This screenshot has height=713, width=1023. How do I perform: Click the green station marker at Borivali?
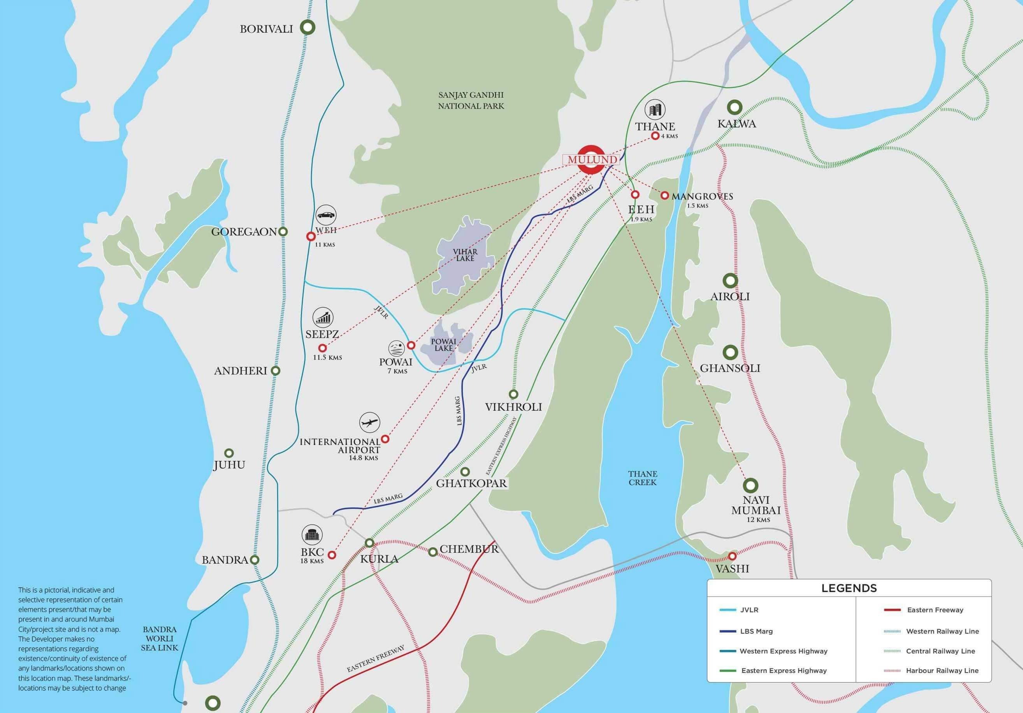point(308,27)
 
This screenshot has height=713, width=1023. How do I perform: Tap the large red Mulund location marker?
point(591,159)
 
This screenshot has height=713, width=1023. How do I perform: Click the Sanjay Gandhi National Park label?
point(471,100)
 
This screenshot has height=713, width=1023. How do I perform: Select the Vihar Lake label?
point(465,255)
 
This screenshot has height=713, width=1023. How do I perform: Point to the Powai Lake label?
point(443,345)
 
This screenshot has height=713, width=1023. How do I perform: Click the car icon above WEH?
point(326,215)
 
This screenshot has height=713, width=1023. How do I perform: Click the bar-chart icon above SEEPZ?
point(323,317)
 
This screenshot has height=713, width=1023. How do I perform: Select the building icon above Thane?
point(655,109)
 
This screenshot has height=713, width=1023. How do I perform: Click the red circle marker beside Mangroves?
point(664,196)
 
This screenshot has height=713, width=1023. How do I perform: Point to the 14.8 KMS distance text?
point(364,458)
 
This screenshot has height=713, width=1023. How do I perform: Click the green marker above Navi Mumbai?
point(751,485)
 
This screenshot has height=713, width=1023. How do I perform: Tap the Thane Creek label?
point(643,478)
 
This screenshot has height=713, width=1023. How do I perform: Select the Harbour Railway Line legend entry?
point(942,670)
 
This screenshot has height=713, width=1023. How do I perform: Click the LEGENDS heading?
point(849,588)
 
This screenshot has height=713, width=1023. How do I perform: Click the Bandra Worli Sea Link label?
point(160,639)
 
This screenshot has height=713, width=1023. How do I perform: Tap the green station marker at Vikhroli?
point(513,394)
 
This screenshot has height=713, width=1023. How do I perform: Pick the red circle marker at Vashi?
point(732,556)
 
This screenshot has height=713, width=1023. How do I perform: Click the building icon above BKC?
point(311,534)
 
